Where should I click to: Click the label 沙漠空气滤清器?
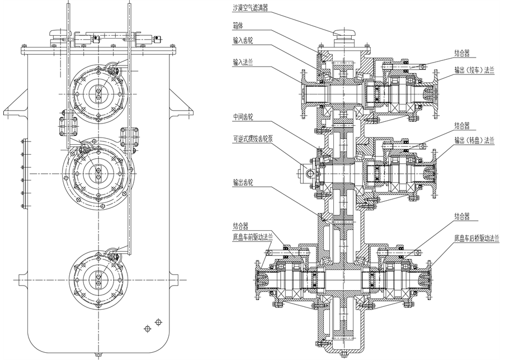tap(250, 8)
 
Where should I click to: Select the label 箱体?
tap(238, 26)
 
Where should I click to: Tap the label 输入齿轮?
tap(243, 41)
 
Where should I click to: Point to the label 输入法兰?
tap(243, 62)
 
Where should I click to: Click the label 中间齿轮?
tap(243, 117)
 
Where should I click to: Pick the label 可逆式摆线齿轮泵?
tap(253, 139)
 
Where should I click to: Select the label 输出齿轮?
tap(243, 183)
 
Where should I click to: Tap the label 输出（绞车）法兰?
tap(474, 70)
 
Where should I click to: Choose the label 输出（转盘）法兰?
tap(474, 140)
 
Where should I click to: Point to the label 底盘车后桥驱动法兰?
tap(476, 239)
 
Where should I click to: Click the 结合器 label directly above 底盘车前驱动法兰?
tap(240, 225)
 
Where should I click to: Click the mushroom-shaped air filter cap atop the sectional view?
tap(344, 32)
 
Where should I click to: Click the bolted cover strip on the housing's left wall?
tap(23, 173)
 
